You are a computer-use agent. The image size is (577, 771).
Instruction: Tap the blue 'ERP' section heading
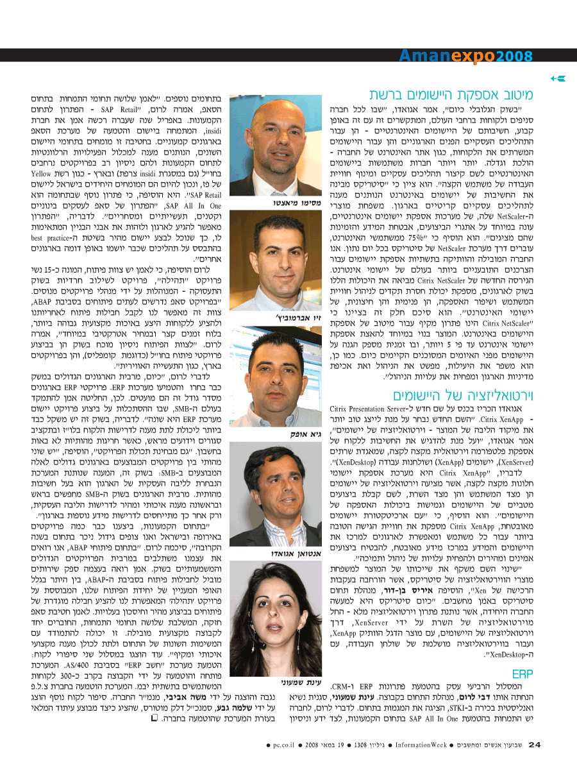[523, 674]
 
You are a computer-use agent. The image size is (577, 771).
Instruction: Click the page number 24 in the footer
[535, 744]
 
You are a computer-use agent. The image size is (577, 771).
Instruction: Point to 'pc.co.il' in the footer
[283, 745]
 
